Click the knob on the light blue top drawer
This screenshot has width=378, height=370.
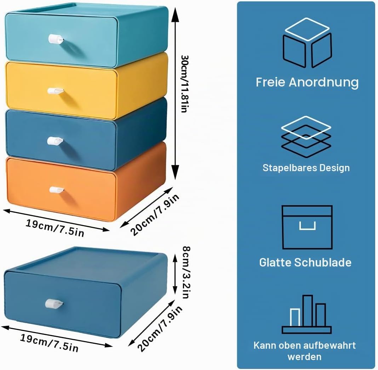56,39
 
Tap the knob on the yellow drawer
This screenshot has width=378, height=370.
56,91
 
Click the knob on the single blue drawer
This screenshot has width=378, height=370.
54,303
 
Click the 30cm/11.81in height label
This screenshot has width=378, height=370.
184,84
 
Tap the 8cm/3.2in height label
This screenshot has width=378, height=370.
187,272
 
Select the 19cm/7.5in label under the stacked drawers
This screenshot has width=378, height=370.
55,228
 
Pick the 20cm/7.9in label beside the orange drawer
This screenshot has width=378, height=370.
155,214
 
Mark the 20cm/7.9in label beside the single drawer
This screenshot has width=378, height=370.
160,329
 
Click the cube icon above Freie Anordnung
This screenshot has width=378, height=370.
307,43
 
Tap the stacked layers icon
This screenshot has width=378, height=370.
306,137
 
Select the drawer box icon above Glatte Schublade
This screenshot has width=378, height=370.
307,227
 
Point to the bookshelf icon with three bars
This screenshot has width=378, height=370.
307,314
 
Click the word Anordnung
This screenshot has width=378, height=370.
323,82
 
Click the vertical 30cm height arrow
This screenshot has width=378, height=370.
175,93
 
